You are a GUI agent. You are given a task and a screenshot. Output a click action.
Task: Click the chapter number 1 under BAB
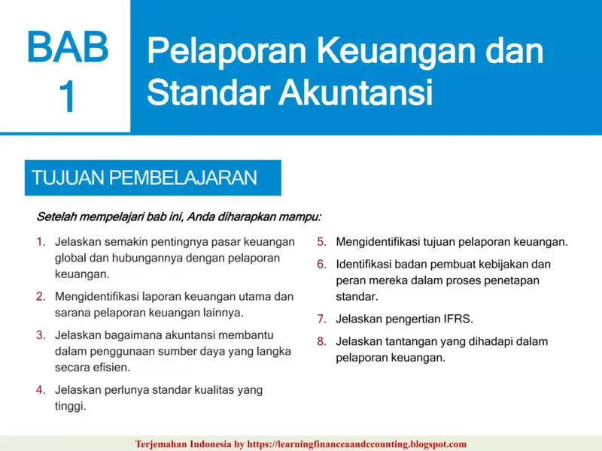coord(67,97)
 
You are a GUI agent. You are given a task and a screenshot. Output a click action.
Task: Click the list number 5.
coord(321,242)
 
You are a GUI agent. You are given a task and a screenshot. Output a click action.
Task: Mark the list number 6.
coord(321,265)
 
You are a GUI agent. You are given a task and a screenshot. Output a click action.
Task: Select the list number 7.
coord(321,319)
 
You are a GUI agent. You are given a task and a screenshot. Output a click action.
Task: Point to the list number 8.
coord(321,341)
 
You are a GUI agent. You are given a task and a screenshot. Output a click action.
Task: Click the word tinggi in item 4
coord(70,406)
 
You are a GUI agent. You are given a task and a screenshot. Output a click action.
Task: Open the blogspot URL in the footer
coord(364,444)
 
